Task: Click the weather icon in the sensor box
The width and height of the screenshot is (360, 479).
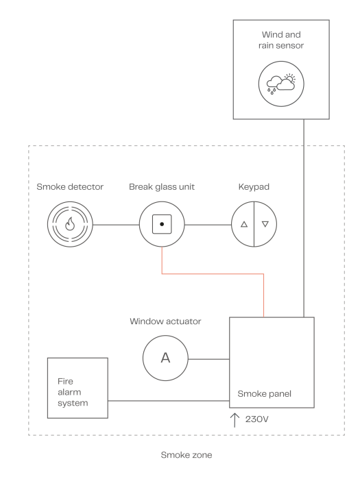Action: coord(280,84)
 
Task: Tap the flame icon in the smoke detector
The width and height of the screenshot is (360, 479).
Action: coord(70,224)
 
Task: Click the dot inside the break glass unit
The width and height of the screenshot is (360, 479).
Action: coord(162,224)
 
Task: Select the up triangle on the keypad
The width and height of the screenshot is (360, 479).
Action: coord(244,224)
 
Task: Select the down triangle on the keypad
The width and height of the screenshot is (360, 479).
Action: coord(265,224)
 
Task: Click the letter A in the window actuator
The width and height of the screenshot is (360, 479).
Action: coord(165,358)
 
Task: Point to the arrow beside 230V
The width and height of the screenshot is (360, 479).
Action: coord(235,420)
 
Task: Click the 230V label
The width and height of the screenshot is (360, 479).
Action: coord(256,419)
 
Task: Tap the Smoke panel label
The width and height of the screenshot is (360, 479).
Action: coord(265,394)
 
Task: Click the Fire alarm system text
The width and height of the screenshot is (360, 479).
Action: coord(73,392)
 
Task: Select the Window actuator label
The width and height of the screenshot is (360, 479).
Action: coord(165,321)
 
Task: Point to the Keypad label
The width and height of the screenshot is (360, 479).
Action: coord(254,187)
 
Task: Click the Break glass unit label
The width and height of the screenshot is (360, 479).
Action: coord(162,187)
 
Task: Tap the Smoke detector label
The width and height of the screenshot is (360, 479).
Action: coord(70,186)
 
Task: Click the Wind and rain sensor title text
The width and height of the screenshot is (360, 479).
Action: coord(281,40)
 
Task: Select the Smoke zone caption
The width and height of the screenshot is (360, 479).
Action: coord(187,455)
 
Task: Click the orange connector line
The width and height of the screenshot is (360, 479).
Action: coord(213,273)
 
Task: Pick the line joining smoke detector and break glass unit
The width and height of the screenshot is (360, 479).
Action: coord(116,225)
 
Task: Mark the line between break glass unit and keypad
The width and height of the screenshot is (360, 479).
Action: coord(208,225)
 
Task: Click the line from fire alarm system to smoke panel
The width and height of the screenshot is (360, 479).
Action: coord(169,401)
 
